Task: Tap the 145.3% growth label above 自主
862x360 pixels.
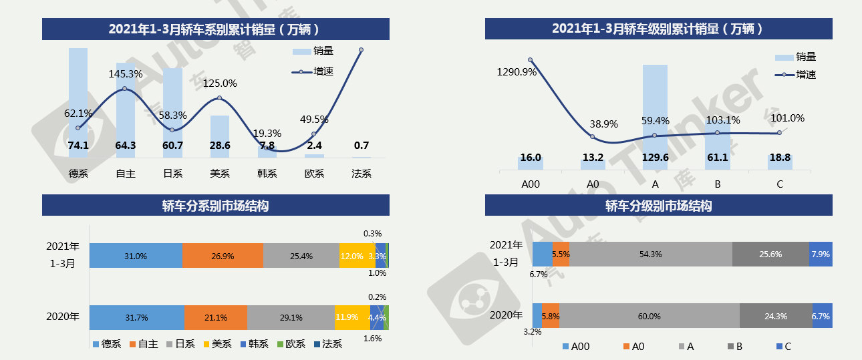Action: click(126, 74)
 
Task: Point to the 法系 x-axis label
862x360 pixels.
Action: click(362, 174)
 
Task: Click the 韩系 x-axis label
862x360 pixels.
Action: click(267, 174)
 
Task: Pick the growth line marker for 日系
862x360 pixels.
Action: click(172, 130)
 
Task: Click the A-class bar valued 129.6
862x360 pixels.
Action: click(655, 114)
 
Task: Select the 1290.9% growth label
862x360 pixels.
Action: click(517, 72)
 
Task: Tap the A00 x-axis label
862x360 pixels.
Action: click(531, 185)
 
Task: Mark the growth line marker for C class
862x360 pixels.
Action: click(780, 133)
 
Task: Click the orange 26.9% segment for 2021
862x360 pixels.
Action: click(223, 256)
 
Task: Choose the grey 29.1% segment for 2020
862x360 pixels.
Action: click(291, 317)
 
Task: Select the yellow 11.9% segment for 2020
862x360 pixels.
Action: click(351, 317)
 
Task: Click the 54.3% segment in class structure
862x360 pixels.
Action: click(650, 254)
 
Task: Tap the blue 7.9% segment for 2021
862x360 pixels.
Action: click(821, 254)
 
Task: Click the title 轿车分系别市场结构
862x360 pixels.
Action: click(215, 206)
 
